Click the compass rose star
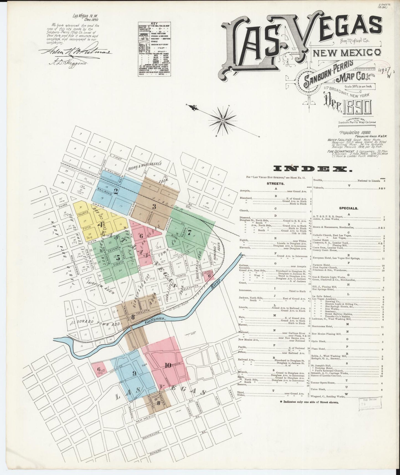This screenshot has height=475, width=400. click(223, 121)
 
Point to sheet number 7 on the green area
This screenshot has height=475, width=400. click(189, 233)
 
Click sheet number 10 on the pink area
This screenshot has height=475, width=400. click(167, 365)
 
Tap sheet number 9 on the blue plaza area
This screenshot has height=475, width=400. click(134, 373)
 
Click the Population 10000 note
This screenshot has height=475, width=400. click(353, 133)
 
